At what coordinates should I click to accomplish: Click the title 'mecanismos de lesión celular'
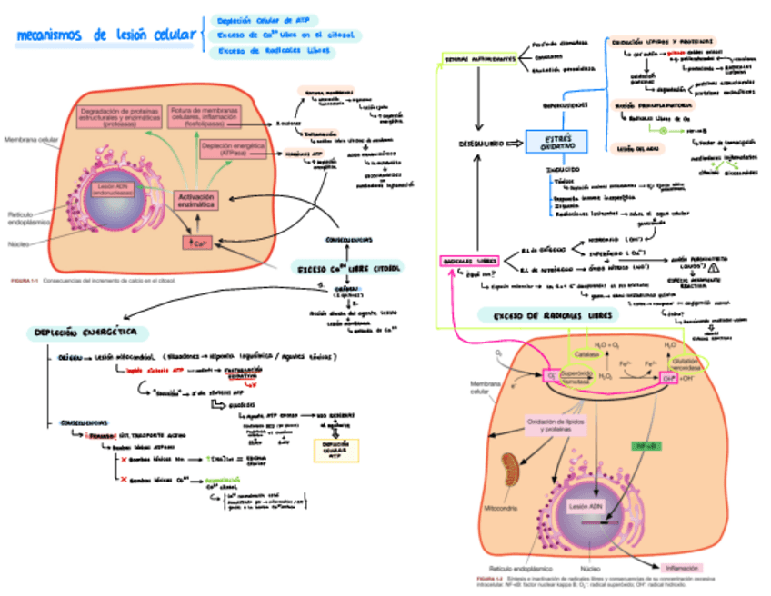(x=106, y=35)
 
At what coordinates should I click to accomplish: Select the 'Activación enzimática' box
(x=196, y=202)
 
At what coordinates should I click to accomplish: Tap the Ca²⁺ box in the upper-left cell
(x=198, y=243)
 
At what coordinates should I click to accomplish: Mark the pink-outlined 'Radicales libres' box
(x=470, y=262)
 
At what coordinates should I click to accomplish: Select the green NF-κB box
(x=646, y=447)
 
